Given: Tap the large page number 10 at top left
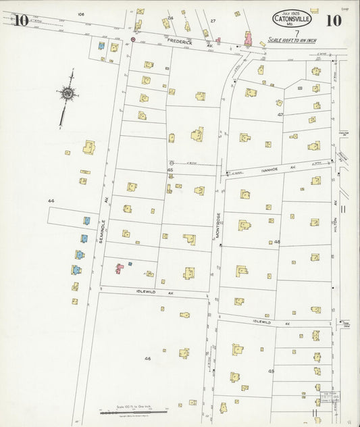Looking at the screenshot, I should pos(20,20).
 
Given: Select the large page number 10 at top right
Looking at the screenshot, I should pos(332,20).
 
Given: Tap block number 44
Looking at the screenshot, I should pos(51,201).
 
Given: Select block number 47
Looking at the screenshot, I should pos(280,115).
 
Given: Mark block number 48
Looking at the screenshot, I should pos(277,241).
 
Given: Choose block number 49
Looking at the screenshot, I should pos(271,371).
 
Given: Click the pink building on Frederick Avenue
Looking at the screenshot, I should pos(247,40).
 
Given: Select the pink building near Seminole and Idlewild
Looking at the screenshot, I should pos(120,268).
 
